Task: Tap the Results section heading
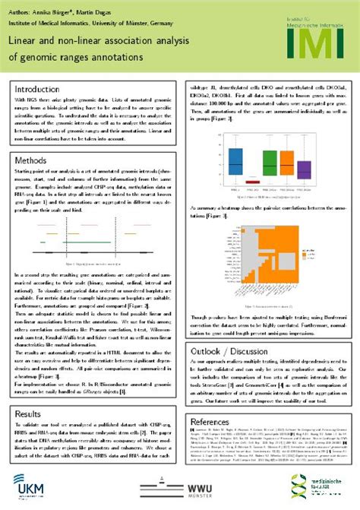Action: (x=30, y=413)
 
